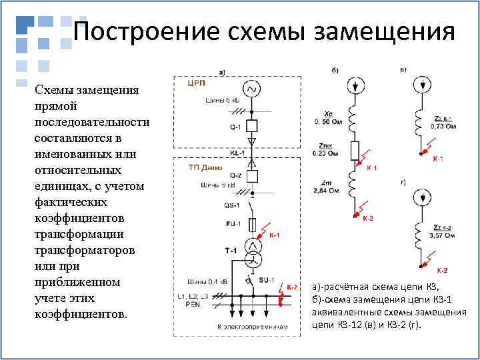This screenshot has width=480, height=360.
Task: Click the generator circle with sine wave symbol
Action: tap(251, 89)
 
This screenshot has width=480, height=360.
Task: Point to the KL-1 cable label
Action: tap(237, 153)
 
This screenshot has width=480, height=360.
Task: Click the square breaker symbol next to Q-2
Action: tap(252, 176)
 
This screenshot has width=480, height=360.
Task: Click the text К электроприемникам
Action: tap(252, 327)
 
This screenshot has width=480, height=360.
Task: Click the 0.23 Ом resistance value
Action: tap(325, 153)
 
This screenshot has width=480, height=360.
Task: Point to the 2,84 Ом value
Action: tap(327, 191)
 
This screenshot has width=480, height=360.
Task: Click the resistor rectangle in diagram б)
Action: tap(355, 149)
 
